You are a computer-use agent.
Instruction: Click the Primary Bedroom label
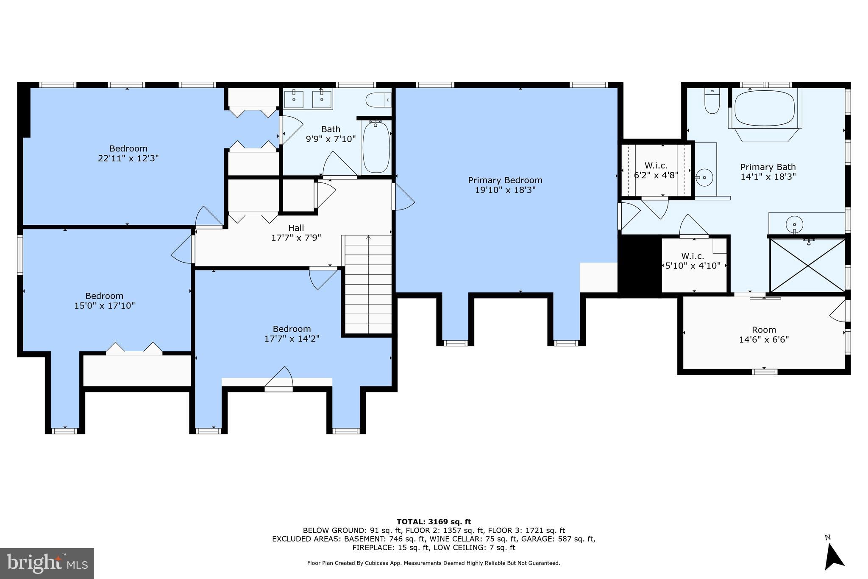[x=505, y=180]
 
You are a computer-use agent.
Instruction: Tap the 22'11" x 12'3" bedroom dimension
[x=128, y=158]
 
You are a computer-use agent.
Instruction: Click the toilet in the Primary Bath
[x=712, y=101]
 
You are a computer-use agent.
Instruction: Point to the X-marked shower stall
[x=808, y=265]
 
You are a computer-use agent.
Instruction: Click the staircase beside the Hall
[x=368, y=284]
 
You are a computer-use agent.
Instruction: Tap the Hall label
[x=296, y=228]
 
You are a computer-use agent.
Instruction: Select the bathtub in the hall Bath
[x=376, y=147]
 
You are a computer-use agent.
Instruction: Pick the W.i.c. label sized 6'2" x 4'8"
[x=656, y=165]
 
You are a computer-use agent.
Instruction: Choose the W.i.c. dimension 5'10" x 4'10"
[x=693, y=266]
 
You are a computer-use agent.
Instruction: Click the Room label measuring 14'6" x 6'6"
[x=764, y=330]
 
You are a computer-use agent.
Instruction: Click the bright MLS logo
[x=47, y=563]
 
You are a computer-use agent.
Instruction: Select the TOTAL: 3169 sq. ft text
[x=434, y=522]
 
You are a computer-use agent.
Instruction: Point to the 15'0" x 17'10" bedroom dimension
[x=104, y=306]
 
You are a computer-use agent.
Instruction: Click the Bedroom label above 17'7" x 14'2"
[x=292, y=329]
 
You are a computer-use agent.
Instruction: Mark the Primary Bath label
[x=768, y=167]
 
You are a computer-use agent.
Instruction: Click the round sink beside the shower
[x=794, y=224]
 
